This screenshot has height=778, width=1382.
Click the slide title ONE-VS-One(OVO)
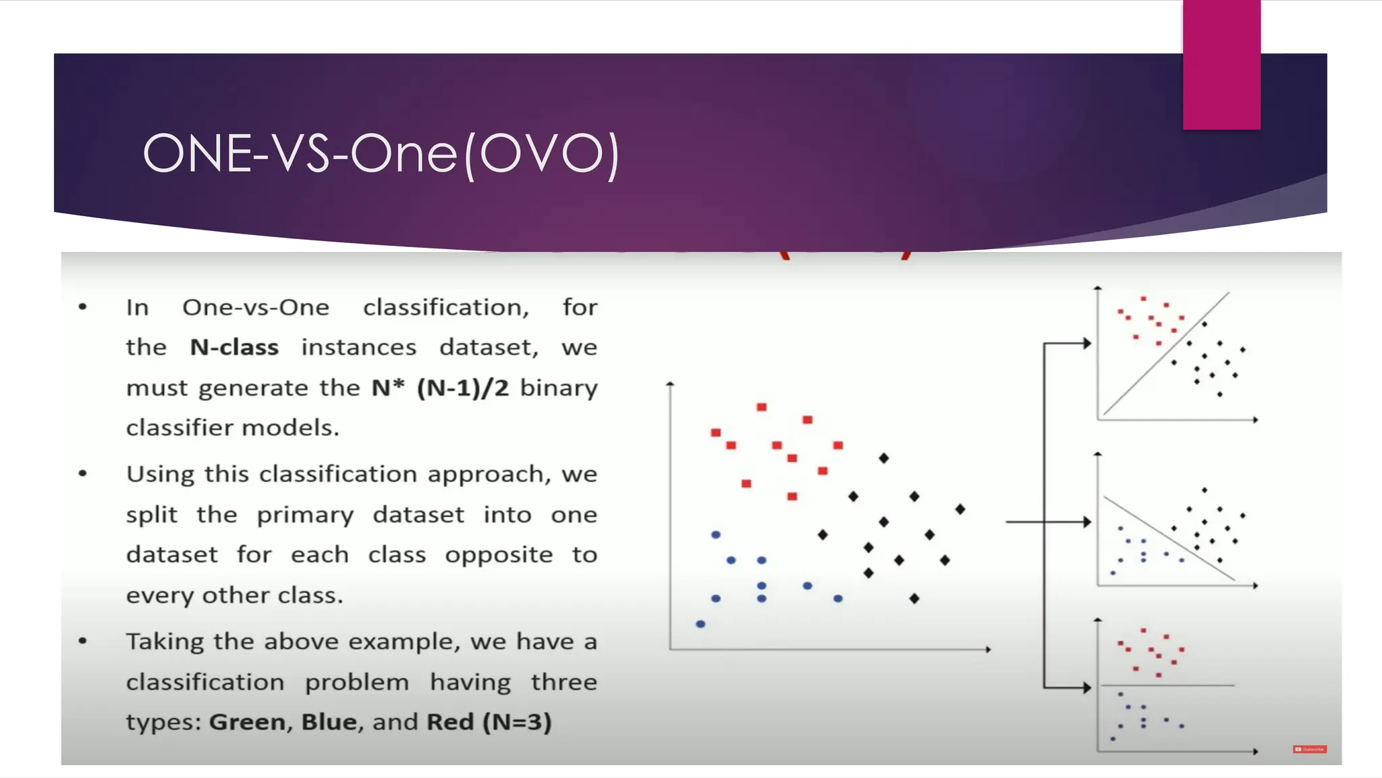coord(381,154)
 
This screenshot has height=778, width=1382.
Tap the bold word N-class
coord(234,347)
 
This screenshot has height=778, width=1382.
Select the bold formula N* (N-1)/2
coord(440,388)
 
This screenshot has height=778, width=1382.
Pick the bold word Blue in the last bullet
coord(329,722)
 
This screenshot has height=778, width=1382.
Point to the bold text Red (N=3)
coord(489,722)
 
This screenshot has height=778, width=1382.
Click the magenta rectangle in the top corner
coord(1221,64)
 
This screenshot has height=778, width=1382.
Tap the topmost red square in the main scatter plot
coord(761,407)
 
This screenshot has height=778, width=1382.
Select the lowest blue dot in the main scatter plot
coord(700,624)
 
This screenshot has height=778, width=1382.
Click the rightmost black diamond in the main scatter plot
coord(960,509)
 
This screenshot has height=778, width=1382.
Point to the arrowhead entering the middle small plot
coord(1087,522)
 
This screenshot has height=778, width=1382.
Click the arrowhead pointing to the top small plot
coord(1087,344)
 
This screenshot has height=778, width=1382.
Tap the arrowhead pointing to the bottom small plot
coord(1087,688)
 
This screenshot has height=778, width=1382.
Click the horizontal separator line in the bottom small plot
coord(1167,685)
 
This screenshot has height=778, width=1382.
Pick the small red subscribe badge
coord(1310,749)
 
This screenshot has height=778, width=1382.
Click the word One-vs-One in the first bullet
coord(256,307)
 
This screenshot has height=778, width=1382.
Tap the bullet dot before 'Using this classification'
coord(83,474)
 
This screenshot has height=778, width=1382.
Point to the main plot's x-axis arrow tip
coord(988,650)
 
